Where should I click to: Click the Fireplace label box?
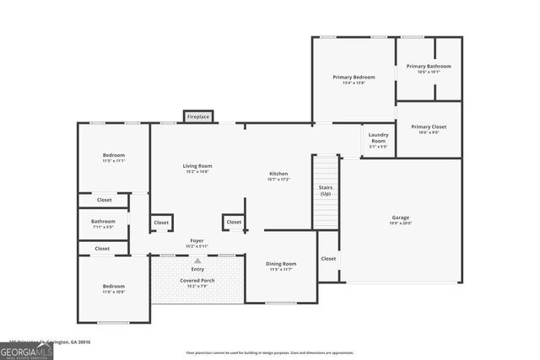coord(198,116)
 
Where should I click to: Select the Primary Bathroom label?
coord(429,67)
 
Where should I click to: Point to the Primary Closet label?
coord(429,127)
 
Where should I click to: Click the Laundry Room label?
coord(378,137)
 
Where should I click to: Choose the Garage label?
coord(400,218)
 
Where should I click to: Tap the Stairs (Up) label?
coord(326,190)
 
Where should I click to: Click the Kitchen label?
coord(278,175)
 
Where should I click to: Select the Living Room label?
coord(197,166)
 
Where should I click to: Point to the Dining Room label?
coord(282,264)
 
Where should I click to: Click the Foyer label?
coord(197,240)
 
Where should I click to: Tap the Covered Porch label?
coord(197,280)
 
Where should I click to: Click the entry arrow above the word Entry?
coord(197,261)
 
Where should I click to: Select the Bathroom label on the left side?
coord(103,221)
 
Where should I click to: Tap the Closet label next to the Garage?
coord(328,259)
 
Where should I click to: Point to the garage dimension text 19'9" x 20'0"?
coord(400,223)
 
